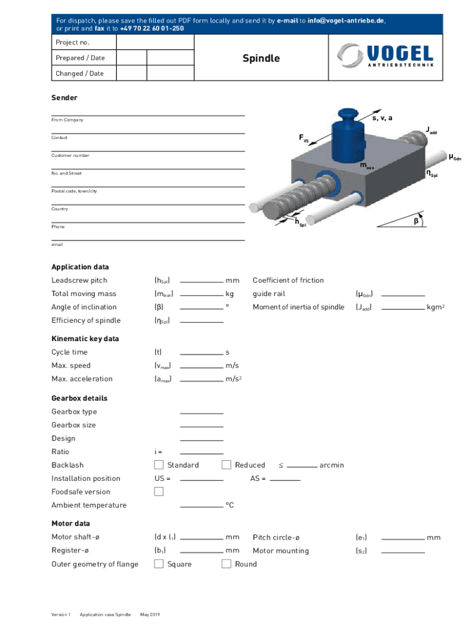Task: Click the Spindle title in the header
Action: [x=261, y=59]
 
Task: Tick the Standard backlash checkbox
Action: [x=159, y=465]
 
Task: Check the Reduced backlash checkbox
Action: [x=226, y=465]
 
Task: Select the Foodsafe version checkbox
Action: [x=159, y=492]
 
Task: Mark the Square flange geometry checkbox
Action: [x=159, y=564]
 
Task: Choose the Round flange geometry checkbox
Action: [x=226, y=564]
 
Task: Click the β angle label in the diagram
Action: [x=416, y=221]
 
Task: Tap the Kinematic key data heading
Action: [x=85, y=339]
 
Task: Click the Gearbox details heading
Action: [x=79, y=399]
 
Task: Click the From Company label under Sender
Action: [x=67, y=120]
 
